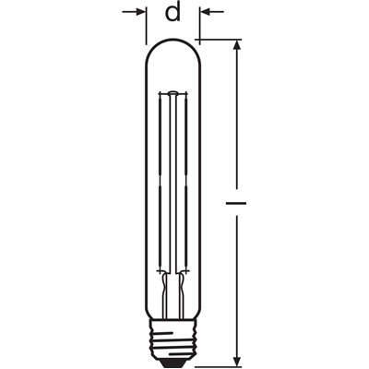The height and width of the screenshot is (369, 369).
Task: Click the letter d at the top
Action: coord(173,13)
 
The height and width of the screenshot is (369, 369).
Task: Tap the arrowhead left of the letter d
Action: coord(142,12)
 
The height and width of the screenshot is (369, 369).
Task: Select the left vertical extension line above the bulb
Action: coord(148,26)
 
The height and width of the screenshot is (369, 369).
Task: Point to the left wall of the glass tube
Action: coord(149,184)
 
